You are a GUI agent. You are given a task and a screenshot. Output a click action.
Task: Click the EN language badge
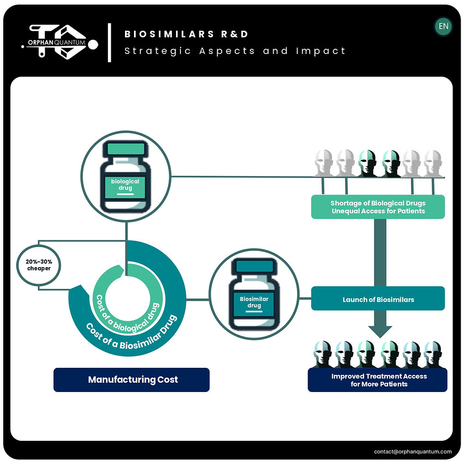(443, 27)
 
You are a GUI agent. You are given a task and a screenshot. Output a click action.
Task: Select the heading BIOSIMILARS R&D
(186, 34)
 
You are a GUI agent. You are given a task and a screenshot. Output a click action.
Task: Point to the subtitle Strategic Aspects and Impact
(235, 51)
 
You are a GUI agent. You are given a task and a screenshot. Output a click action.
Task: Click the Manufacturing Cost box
(131, 380)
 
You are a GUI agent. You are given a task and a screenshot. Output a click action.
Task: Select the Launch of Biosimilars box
(378, 299)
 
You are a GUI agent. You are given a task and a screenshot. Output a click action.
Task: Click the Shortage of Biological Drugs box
(378, 207)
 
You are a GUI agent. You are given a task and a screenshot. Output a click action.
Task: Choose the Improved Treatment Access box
(378, 380)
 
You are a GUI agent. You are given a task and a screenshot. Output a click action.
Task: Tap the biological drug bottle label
(125, 185)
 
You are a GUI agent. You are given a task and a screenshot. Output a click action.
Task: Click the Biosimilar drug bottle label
(254, 303)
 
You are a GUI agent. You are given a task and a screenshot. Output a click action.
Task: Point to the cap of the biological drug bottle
(125, 149)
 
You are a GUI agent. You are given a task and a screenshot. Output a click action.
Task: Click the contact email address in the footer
(413, 451)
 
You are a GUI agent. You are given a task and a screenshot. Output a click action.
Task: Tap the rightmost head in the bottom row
(433, 354)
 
